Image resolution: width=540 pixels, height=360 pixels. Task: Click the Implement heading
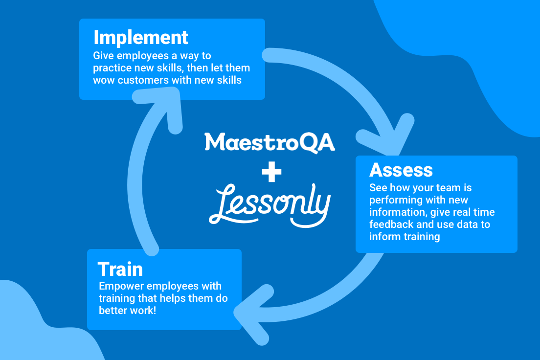[x=141, y=38]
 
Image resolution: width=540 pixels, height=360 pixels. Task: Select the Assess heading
[x=401, y=170]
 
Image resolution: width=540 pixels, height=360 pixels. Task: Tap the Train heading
[x=120, y=269]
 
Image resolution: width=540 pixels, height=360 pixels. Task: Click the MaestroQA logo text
[x=270, y=142]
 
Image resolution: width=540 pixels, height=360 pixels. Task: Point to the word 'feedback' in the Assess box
[x=390, y=225]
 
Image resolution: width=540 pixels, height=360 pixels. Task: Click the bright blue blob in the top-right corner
[x=479, y=39]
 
